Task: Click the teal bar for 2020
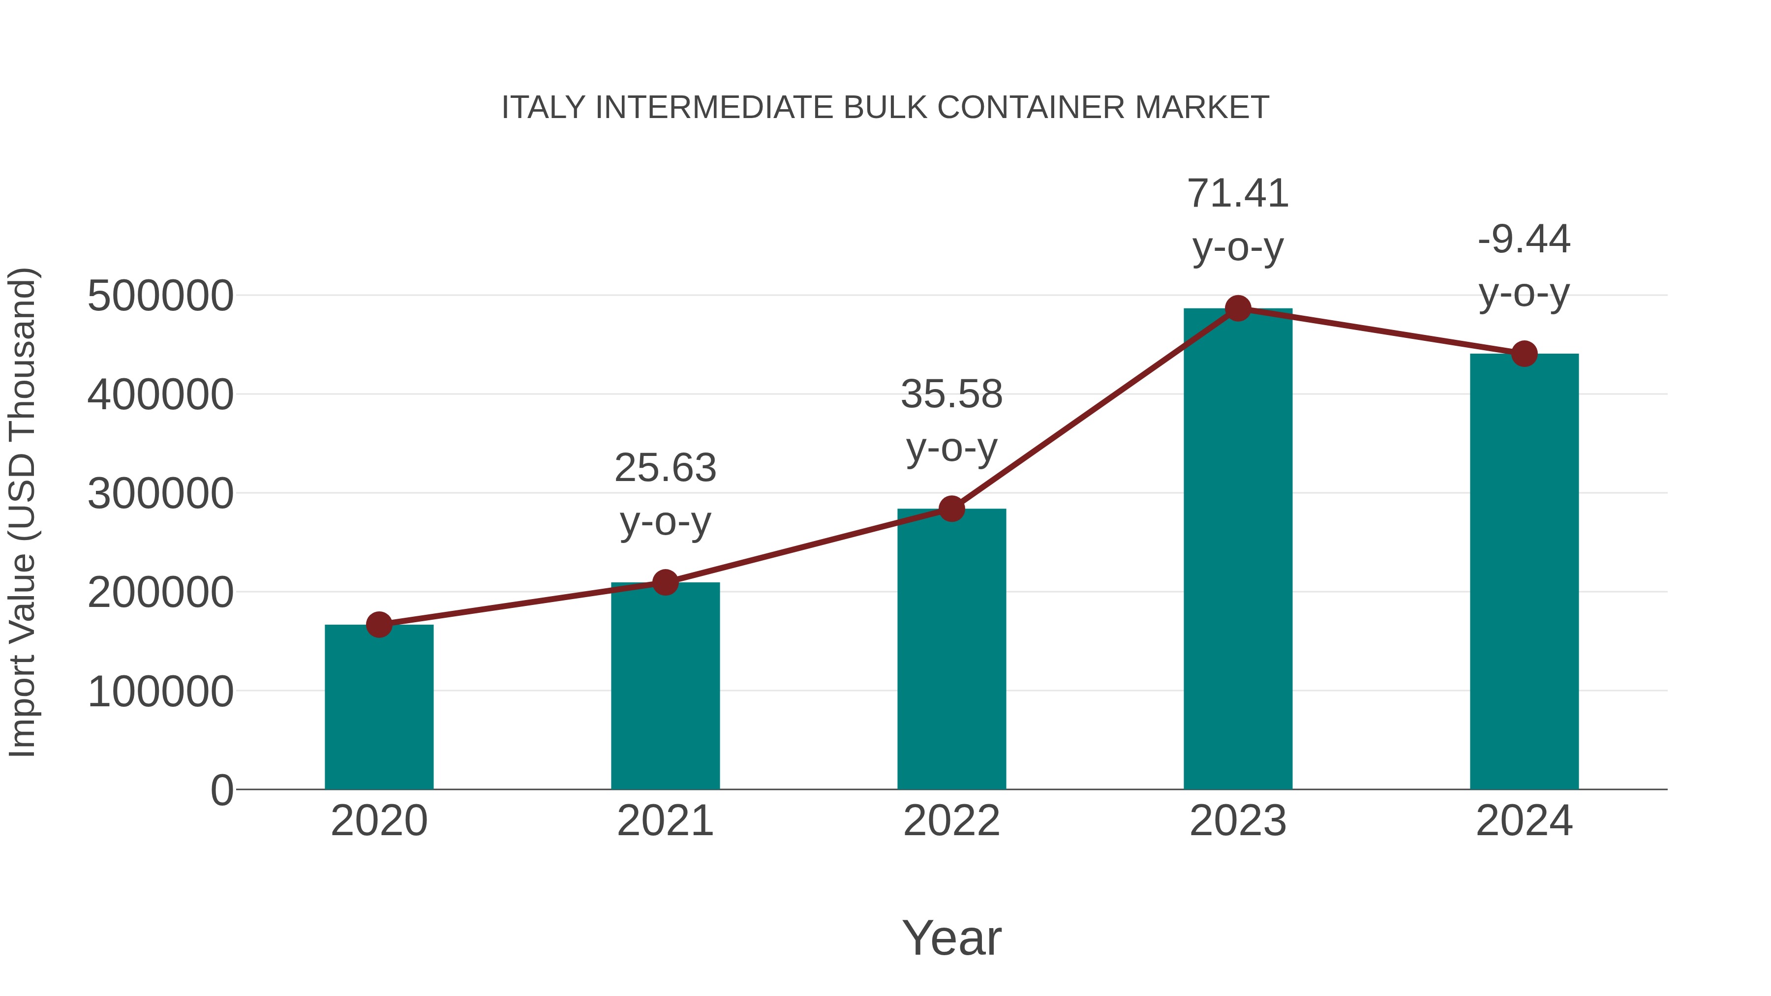coord(379,708)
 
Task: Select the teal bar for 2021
coord(665,688)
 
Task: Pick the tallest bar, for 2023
coord(1238,550)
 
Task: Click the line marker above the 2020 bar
coord(379,625)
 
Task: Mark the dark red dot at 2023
coord(1238,308)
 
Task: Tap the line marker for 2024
coord(1524,354)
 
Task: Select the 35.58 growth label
coord(951,420)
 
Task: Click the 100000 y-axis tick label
coord(160,692)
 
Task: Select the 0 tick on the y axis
coord(221,790)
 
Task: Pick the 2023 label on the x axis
coord(1238,821)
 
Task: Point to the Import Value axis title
coord(22,512)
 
